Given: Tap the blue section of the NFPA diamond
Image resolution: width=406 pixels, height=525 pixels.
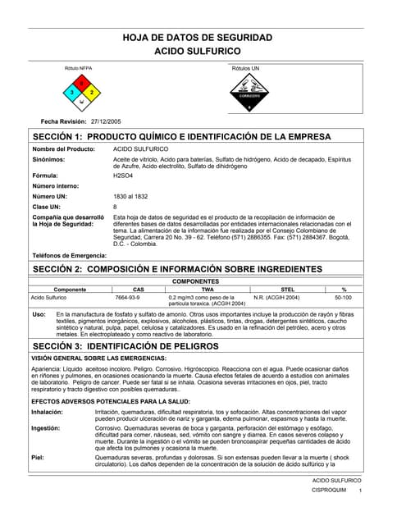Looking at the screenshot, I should (x=73, y=94).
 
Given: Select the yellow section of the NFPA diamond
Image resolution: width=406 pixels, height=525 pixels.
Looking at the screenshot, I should (x=92, y=94).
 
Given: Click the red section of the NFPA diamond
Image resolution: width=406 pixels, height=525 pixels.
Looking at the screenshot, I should (x=82, y=84).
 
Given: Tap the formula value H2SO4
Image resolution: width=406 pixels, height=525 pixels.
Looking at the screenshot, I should (x=124, y=176).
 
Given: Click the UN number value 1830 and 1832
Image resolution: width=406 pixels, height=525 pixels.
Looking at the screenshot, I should (x=130, y=197).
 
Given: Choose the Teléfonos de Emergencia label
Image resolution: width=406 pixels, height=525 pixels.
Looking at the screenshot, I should (x=69, y=256).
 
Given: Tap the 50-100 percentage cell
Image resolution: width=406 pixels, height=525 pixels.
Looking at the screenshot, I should (x=344, y=297).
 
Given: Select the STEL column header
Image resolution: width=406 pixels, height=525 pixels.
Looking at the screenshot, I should (x=288, y=290).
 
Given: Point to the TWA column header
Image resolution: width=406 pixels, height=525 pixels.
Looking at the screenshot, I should (x=208, y=290).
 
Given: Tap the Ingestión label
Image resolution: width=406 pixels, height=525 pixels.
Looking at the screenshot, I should (x=45, y=428).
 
